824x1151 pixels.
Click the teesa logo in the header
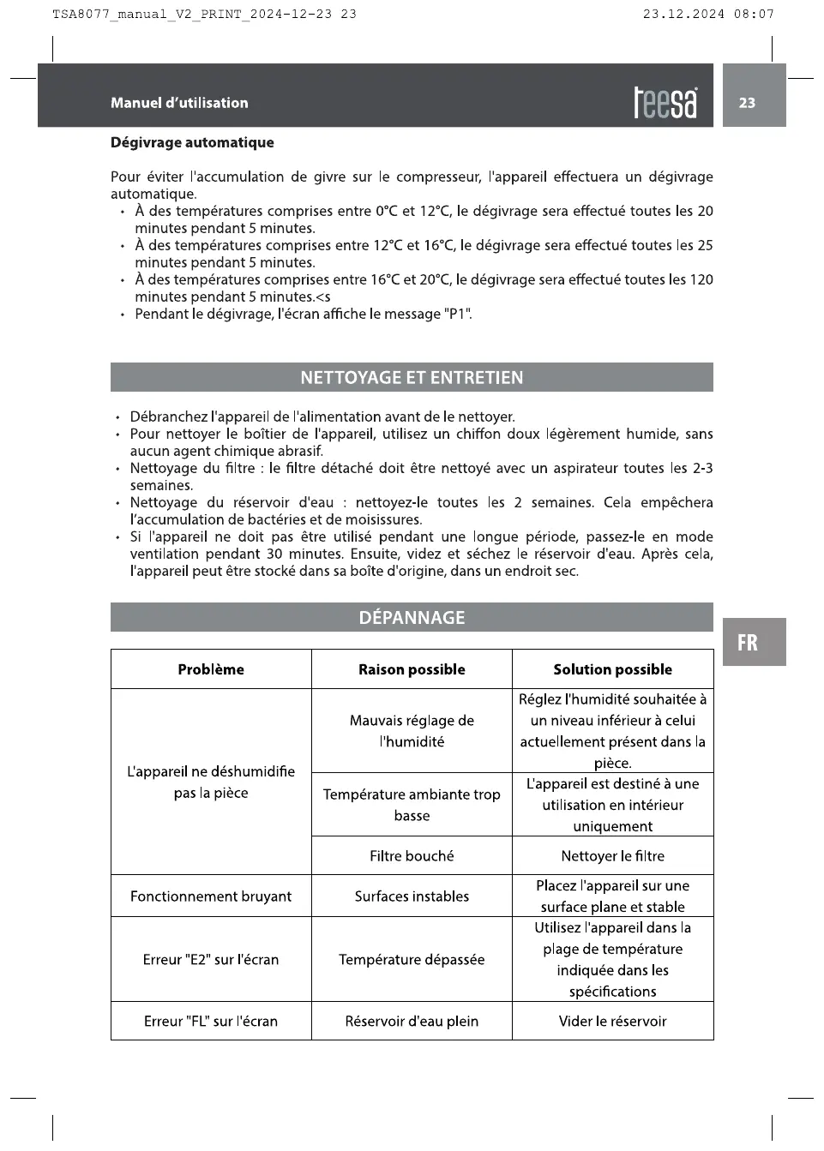pos(665,103)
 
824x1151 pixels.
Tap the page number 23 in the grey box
pos(748,103)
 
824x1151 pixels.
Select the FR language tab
pos(748,643)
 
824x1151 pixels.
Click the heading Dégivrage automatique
pos(192,142)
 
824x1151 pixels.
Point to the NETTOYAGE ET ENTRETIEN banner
pos(412,378)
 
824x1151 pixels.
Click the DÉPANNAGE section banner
pos(412,618)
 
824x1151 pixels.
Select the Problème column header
pos(211,669)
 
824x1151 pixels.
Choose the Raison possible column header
pos(412,669)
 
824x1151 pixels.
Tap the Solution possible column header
pos(612,669)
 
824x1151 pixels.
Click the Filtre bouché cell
pos(412,856)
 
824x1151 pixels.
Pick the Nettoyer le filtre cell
pos(612,856)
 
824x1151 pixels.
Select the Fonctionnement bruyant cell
pos(211,896)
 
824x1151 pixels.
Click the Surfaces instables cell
pos(412,896)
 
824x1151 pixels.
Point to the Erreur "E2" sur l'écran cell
pos(211,960)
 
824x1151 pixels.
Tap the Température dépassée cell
pos(412,960)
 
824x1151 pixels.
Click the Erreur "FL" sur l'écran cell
pos(211,1022)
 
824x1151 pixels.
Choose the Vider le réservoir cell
pos(612,1022)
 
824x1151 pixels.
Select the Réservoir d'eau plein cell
pos(412,1022)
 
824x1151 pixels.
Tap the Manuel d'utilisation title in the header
pos(179,103)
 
